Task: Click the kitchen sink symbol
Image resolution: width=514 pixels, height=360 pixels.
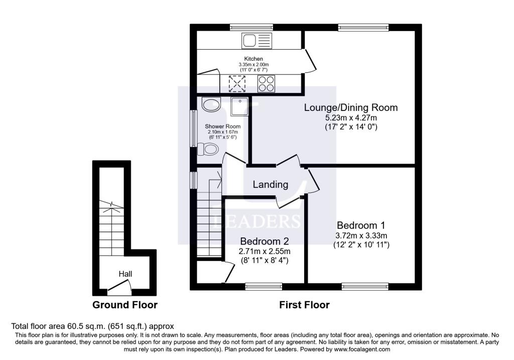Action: click(256, 40)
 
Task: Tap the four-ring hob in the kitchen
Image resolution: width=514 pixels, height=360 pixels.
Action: click(266, 84)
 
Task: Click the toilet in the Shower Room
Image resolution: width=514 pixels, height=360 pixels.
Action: click(208, 149)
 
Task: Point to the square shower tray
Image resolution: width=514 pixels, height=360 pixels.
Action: click(240, 106)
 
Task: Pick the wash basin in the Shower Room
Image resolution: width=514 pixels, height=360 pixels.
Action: click(211, 105)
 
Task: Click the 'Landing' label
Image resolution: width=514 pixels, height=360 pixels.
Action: click(270, 185)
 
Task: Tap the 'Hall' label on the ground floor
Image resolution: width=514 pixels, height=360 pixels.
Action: click(125, 274)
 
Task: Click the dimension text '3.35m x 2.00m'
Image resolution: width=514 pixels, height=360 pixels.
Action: click(253, 65)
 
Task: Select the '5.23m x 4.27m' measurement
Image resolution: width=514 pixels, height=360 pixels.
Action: click(351, 117)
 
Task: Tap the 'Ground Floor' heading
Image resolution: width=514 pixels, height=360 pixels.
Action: click(125, 305)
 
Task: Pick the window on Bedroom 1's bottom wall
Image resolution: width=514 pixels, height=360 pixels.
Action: click(365, 287)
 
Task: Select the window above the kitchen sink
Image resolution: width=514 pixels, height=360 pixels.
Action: click(251, 27)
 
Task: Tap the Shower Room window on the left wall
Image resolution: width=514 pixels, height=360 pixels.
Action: click(193, 128)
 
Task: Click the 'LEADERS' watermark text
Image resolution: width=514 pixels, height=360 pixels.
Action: click(256, 221)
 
